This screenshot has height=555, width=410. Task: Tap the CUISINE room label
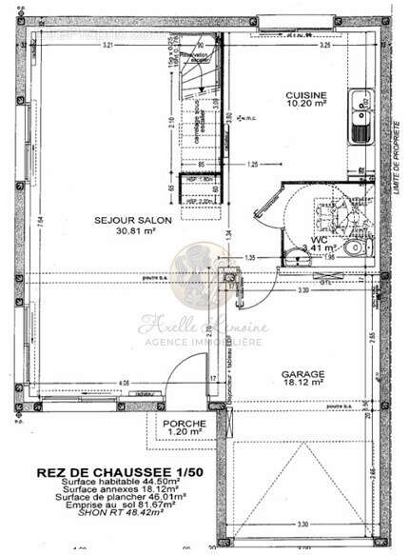(x=306, y=95)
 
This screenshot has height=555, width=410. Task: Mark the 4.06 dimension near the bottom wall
(x=124, y=383)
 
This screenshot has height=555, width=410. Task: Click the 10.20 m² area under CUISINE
(x=306, y=106)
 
